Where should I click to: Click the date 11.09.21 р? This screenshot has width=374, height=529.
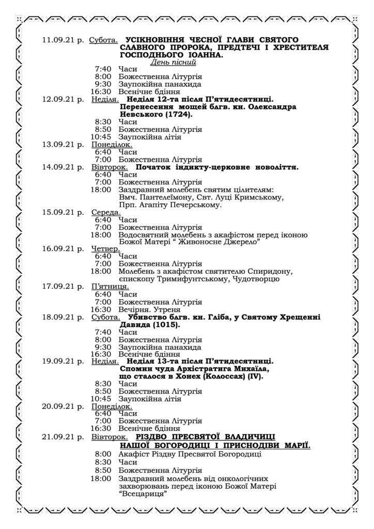click(x=64, y=40)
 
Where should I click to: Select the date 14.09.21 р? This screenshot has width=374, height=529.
click(x=64, y=167)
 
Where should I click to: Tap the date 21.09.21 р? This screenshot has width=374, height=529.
click(x=64, y=437)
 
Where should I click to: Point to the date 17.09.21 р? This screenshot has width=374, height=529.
click(x=64, y=286)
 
